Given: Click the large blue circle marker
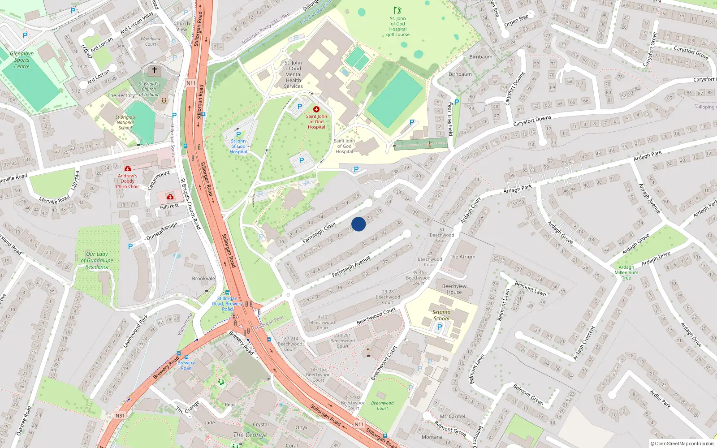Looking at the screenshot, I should click(358, 224).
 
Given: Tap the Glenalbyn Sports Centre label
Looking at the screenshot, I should click(22, 60).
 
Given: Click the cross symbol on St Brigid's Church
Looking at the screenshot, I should click(155, 70).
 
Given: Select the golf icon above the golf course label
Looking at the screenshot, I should click(397, 10).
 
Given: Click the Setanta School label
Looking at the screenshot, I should click(441, 315).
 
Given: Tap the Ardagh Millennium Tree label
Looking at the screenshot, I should click(626, 272).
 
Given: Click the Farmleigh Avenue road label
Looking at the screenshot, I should click(351, 267).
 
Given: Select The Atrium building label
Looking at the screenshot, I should click(462, 257).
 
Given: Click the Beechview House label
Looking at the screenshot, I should click(454, 289).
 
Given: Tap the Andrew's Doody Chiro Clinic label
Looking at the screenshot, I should click(128, 181).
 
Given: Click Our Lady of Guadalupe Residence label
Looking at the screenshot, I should click(97, 260).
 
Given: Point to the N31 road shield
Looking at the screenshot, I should click(120, 416).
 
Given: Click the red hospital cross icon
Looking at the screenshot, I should click(316, 109).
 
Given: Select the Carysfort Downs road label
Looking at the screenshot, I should click(532, 121).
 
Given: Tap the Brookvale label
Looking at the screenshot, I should click(203, 278).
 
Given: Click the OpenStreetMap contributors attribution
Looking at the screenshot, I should click(682, 444).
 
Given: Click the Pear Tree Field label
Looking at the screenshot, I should click(450, 119).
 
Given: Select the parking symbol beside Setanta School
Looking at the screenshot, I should click(439, 327).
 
